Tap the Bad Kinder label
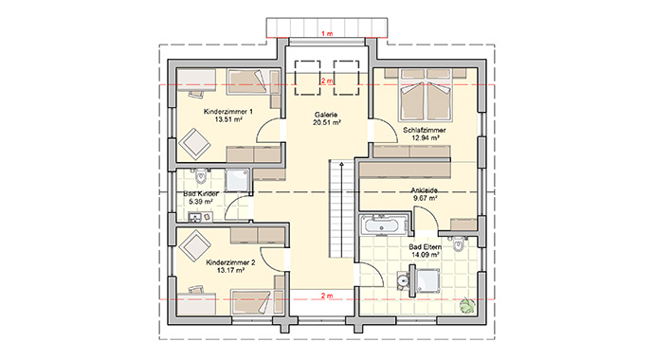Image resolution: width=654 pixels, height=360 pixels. (202, 192)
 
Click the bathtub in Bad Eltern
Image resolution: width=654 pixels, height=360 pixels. (383, 226)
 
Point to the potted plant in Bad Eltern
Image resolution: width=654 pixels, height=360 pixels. (466, 304)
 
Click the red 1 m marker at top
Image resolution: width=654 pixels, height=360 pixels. (327, 34)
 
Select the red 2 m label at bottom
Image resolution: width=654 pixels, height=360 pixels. (327, 297)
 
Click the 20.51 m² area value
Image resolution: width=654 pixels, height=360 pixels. (327, 122)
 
